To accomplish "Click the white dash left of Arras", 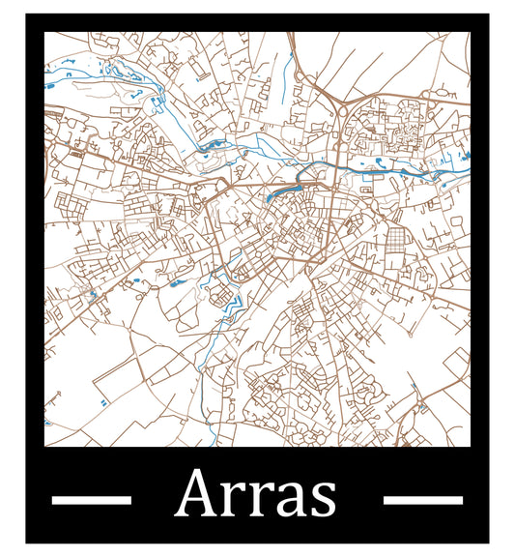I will tap(91, 499).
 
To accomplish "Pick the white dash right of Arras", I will tap(423, 499).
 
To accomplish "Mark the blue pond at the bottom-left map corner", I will tap(46, 423).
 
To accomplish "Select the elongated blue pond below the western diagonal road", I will tap(177, 283).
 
